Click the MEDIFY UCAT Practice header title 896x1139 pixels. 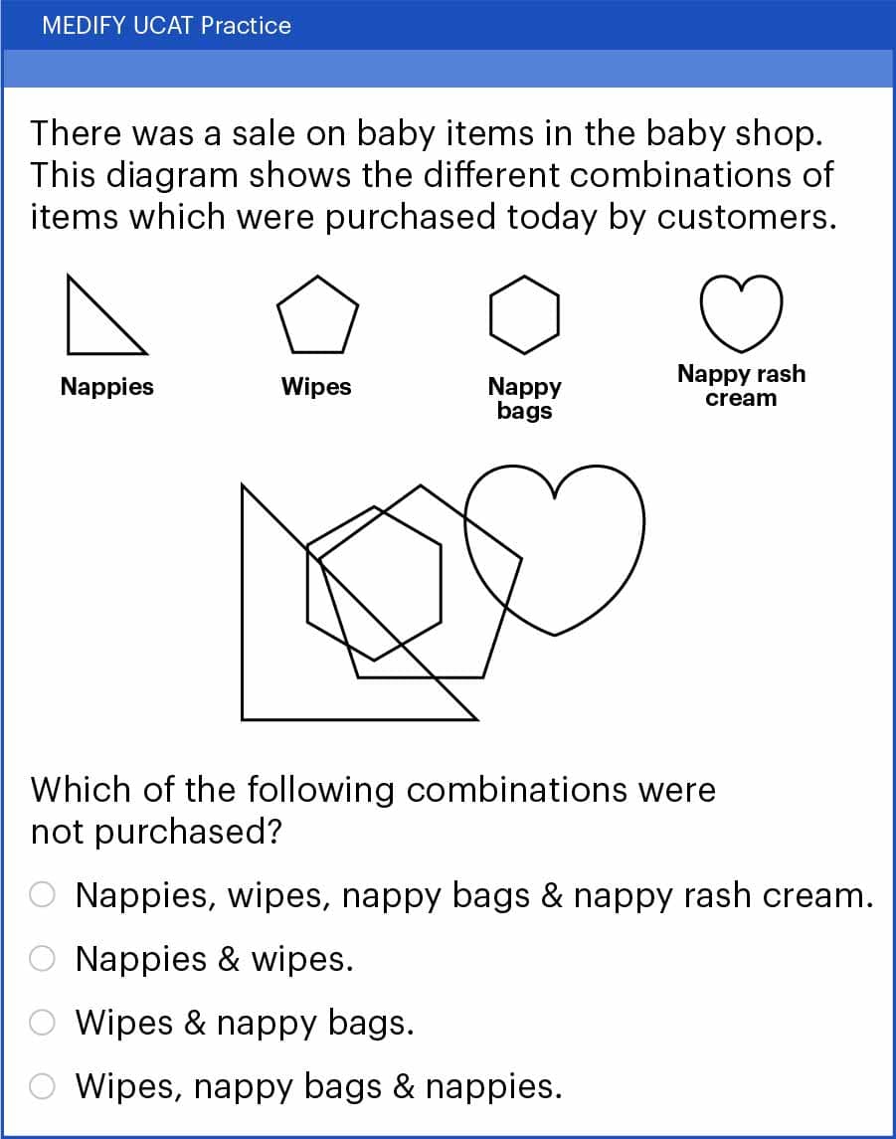coord(166,26)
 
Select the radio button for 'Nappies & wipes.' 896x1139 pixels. coord(42,958)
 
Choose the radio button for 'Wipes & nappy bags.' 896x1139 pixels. coord(42,1022)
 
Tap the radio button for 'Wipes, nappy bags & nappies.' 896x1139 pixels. coord(42,1086)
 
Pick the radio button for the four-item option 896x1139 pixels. coord(42,894)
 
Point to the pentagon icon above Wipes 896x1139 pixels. coord(317,277)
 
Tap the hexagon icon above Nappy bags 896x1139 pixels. coord(524,277)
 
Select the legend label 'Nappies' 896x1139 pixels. coord(106,386)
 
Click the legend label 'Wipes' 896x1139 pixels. coord(316,386)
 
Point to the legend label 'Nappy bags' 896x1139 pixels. coord(524,398)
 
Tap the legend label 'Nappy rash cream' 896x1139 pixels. coord(741,386)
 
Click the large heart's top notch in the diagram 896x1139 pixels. coord(554,497)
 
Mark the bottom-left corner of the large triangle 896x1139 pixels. coord(242,720)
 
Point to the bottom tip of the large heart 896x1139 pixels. coord(555,635)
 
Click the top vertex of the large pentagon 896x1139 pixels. coord(421,486)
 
